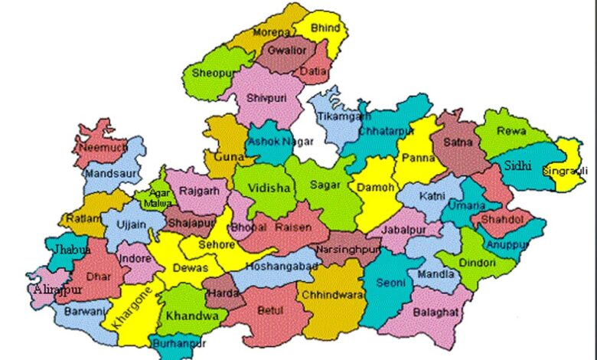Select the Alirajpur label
[x=57, y=290]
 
